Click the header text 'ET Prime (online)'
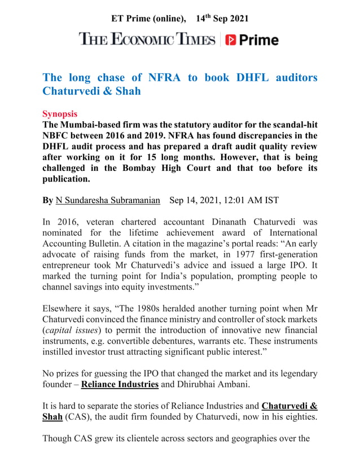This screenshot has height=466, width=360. point(148,19)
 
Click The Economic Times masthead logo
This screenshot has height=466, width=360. point(147,40)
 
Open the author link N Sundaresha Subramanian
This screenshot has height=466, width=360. point(108,200)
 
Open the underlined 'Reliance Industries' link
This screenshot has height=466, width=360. point(120,385)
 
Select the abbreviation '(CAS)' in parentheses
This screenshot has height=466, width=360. point(78,418)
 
